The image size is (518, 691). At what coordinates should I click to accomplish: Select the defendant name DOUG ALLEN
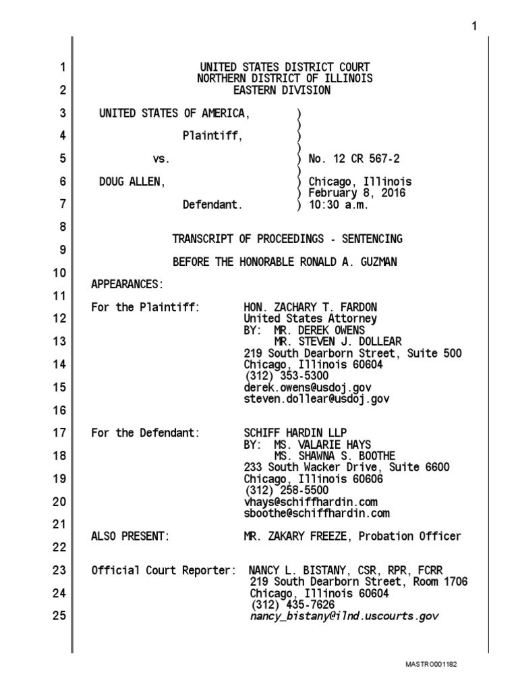(129, 182)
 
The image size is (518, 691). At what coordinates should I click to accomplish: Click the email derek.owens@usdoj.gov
(308, 387)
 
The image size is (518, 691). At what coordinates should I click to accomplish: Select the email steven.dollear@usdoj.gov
(316, 399)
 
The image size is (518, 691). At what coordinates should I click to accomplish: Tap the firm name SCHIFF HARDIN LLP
(296, 433)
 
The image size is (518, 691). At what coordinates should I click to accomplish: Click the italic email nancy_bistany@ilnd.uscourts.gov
(344, 615)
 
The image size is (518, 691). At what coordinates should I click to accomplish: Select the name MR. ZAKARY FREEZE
(297, 536)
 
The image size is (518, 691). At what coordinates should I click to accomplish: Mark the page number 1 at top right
(474, 26)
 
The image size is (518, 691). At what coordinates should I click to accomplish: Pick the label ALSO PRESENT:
(129, 536)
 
